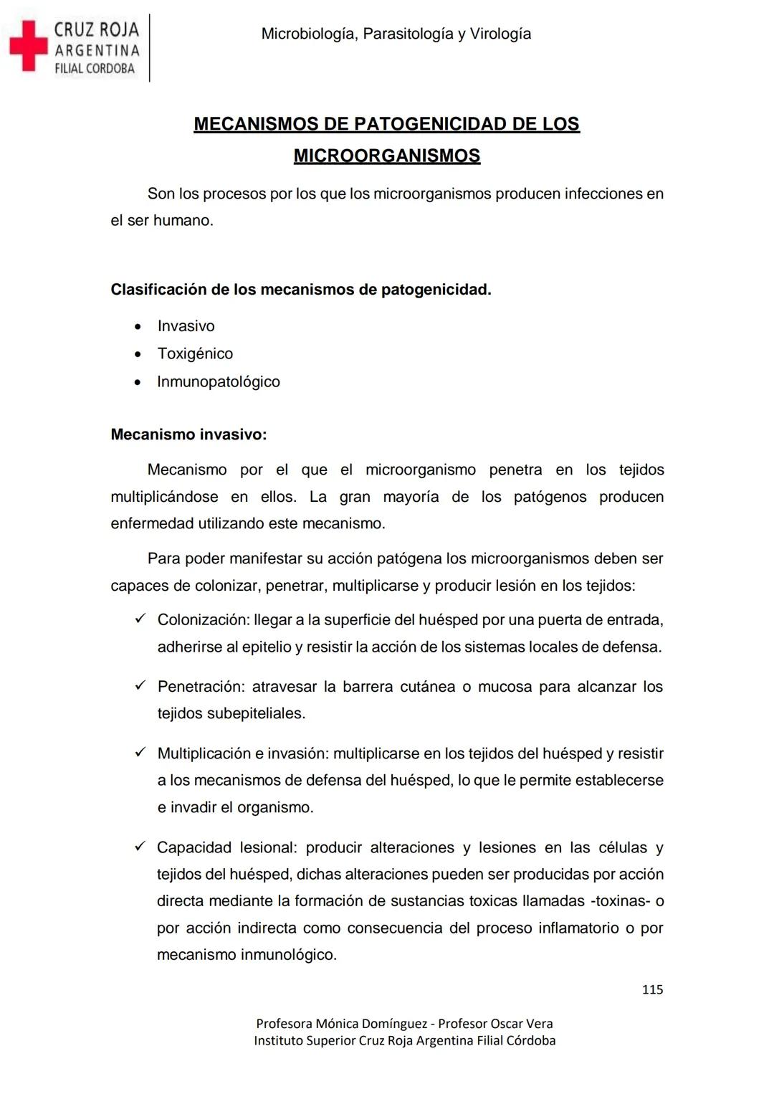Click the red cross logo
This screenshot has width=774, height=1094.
(28, 46)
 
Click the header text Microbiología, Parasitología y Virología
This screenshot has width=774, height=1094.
(396, 34)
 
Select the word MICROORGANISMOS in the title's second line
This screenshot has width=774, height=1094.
(387, 156)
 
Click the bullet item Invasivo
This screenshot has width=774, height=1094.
(186, 326)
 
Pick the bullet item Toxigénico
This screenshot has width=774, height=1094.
(195, 353)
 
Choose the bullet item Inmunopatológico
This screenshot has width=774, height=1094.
(219, 381)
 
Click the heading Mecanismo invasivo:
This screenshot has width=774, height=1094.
(188, 434)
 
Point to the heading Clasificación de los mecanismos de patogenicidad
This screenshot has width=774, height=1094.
(301, 290)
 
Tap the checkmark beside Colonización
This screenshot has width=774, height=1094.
(140, 618)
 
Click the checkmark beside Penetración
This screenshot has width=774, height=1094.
(140, 685)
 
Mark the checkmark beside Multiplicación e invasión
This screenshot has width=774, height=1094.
(140, 752)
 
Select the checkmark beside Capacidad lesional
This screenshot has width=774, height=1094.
(140, 846)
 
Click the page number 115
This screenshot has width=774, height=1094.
(652, 989)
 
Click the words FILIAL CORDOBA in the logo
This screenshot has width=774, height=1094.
(95, 69)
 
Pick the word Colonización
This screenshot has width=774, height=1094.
(203, 619)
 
